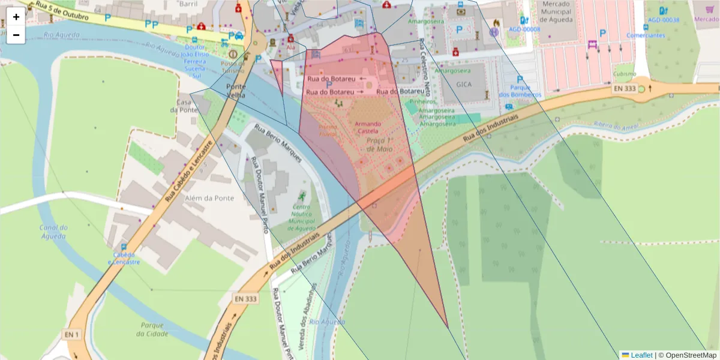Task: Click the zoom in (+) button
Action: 16,17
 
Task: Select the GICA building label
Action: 464,85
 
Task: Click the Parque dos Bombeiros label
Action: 520,91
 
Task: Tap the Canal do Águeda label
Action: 53,232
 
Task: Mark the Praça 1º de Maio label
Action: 378,144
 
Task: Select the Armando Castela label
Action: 367,127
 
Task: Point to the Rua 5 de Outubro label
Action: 62,12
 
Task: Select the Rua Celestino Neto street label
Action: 425,68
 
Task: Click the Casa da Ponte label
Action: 184,106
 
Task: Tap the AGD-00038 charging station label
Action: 664,20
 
